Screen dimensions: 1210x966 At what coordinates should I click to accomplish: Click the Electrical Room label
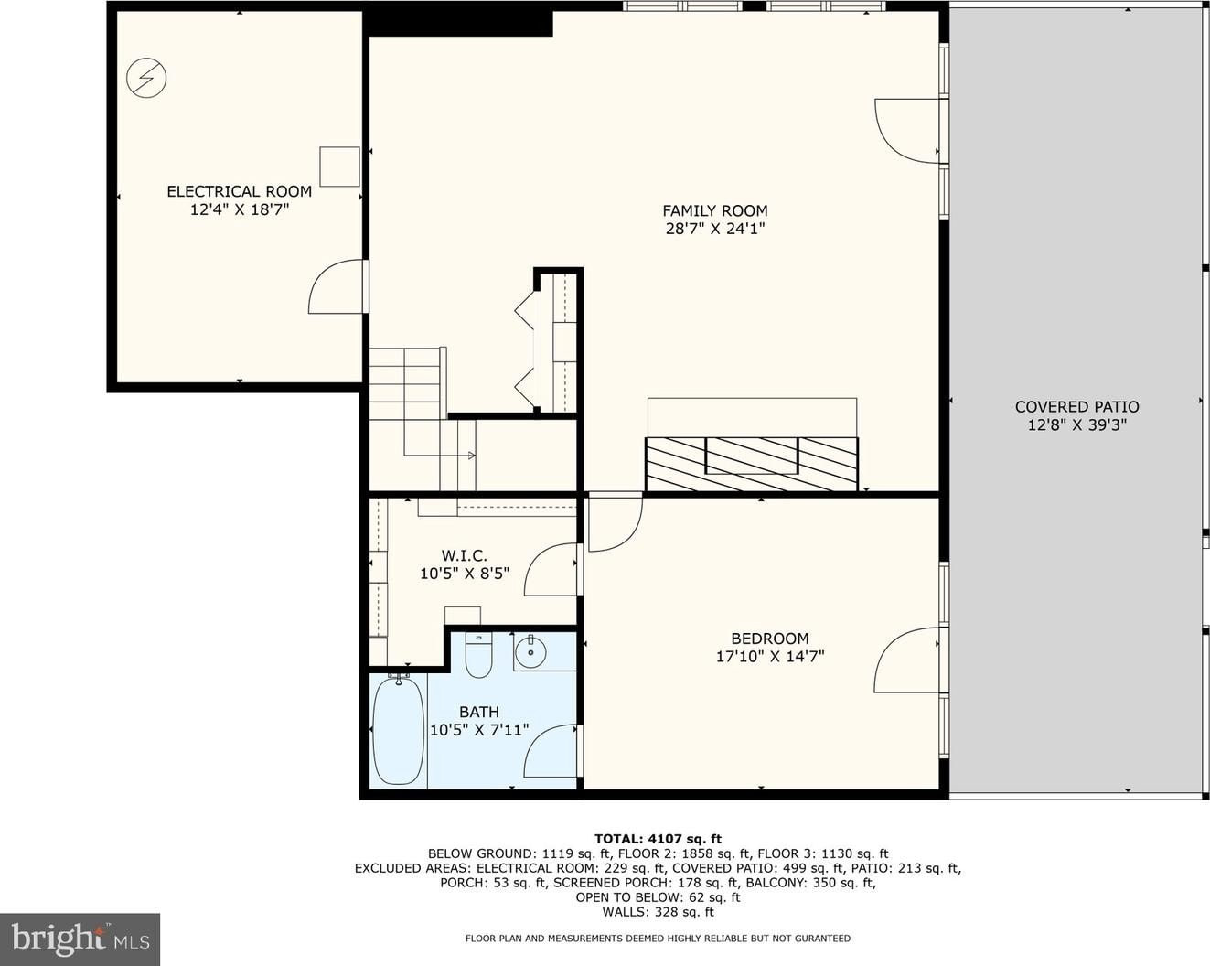240,191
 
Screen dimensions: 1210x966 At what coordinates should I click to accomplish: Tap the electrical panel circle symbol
146,78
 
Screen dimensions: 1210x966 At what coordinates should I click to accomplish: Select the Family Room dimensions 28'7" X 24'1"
714,229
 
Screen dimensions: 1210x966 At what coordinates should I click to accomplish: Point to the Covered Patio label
1076,406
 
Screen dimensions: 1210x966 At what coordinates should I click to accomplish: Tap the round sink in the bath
530,652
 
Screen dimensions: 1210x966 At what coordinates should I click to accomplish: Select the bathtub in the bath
398,730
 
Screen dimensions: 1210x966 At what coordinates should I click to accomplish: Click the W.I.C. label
464,556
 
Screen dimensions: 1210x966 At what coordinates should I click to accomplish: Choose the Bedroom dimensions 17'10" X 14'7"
770,657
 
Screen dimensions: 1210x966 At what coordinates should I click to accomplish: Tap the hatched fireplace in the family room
752,464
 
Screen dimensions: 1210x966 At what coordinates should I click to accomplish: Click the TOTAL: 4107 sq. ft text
658,840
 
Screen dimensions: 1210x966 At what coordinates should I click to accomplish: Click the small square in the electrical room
339,166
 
